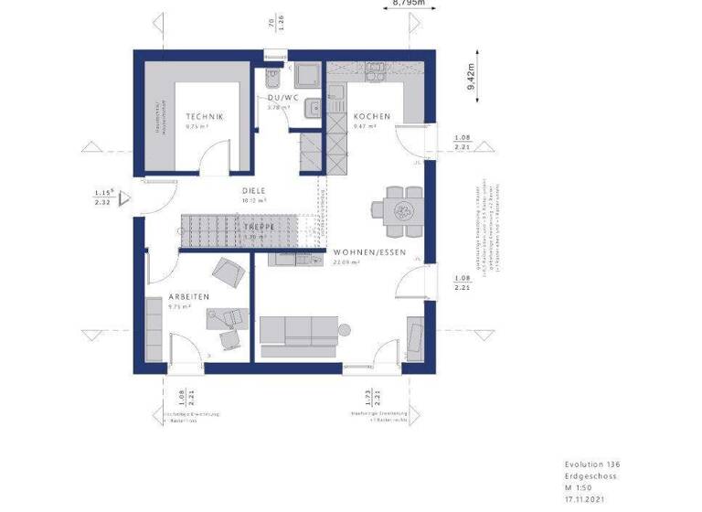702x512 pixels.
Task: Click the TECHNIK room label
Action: [x=205, y=117]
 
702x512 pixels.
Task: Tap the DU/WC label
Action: [x=284, y=97]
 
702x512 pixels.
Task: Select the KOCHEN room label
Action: [x=373, y=117]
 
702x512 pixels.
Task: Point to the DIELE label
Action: [x=254, y=190]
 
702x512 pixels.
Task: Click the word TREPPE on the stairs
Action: [x=260, y=227]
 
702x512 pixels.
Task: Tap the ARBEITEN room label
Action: [x=189, y=297]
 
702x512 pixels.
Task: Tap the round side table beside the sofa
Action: [x=345, y=329]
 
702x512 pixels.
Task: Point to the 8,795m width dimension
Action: [x=408, y=4]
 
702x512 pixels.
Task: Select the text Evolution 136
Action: [x=591, y=465]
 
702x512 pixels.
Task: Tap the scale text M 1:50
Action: [x=580, y=488]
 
